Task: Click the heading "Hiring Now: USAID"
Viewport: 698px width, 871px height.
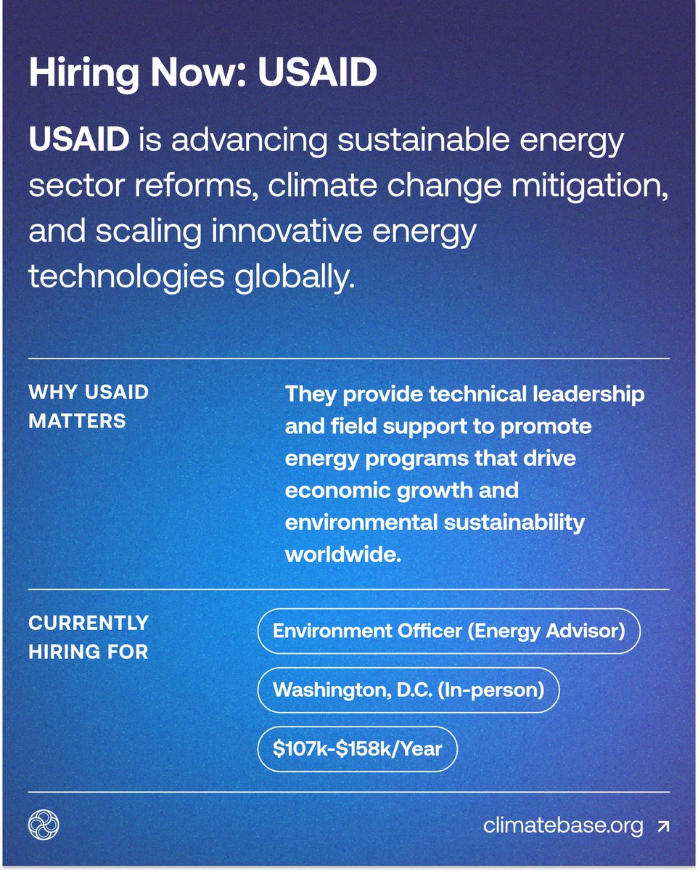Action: pyautogui.click(x=202, y=74)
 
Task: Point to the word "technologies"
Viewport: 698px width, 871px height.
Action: pyautogui.click(x=115, y=277)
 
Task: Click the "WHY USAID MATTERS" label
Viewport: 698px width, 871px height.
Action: pyautogui.click(x=88, y=406)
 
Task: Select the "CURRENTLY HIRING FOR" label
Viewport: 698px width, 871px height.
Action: pyautogui.click(x=88, y=637)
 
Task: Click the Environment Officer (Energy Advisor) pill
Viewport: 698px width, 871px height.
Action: pyautogui.click(x=448, y=630)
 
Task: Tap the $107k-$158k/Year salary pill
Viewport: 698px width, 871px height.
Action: pyautogui.click(x=357, y=748)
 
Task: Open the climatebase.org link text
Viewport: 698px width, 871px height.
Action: pyautogui.click(x=563, y=825)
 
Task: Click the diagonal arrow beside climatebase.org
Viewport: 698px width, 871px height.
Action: pyautogui.click(x=662, y=825)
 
